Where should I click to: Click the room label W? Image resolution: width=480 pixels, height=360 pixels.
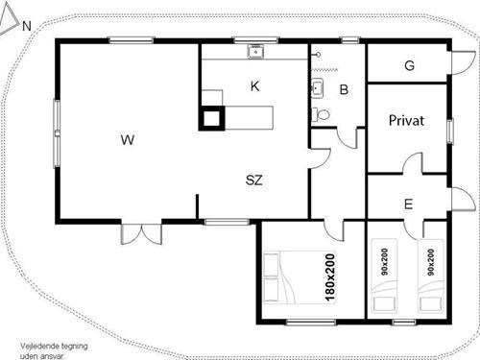click(127, 140)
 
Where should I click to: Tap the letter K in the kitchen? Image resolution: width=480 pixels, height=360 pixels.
click(254, 85)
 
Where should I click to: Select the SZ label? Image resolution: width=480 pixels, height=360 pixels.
click(254, 180)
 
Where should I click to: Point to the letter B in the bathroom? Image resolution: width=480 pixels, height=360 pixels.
click(343, 91)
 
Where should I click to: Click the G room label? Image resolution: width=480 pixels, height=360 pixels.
click(409, 65)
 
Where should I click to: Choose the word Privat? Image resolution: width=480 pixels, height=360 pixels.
click(407, 121)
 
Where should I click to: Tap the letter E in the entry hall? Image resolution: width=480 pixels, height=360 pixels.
click(408, 204)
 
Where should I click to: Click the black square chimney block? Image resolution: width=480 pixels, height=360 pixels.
click(212, 117)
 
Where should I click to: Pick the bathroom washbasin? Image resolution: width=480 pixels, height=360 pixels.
click(317, 89)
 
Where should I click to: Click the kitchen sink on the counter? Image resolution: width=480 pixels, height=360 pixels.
click(255, 52)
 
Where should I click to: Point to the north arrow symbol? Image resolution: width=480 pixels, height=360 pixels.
click(12, 26)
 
